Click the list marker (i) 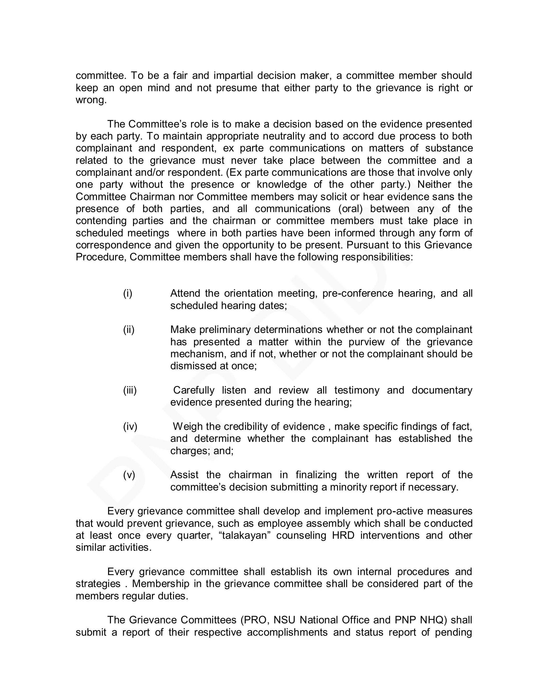pyautogui.click(x=128, y=294)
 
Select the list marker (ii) pyautogui.click(x=129, y=330)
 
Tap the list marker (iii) pyautogui.click(x=130, y=390)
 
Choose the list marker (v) pyautogui.click(x=129, y=475)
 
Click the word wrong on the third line pyautogui.click(x=90, y=100)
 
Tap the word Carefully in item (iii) pyautogui.click(x=194, y=390)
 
